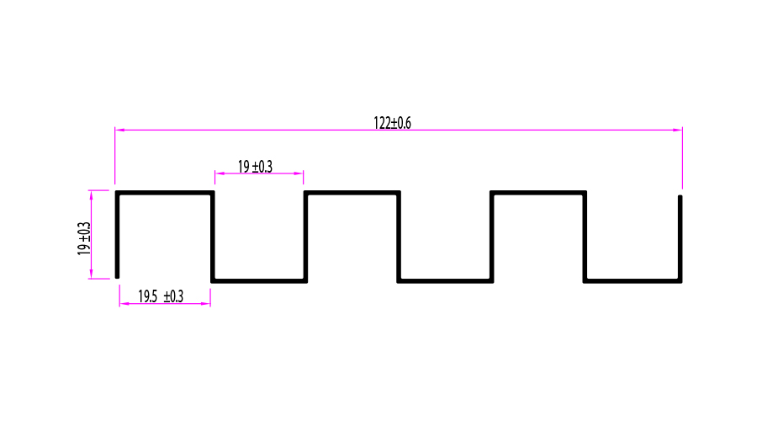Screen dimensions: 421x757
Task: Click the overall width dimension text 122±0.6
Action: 392,123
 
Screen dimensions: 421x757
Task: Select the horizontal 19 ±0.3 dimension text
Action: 255,167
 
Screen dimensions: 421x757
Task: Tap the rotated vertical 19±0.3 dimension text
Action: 84,238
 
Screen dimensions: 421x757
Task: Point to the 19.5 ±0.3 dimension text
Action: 161,296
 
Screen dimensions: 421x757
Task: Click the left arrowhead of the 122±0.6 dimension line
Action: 119,130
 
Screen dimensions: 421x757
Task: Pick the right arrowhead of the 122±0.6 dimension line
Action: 678,130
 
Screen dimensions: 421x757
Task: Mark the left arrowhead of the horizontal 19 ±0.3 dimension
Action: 219,173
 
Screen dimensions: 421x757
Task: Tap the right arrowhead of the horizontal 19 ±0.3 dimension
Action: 299,173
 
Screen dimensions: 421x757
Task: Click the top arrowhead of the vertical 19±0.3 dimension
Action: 92,194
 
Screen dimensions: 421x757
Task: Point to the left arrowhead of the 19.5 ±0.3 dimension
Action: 123,303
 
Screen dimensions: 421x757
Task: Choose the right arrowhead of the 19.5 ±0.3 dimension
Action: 206,303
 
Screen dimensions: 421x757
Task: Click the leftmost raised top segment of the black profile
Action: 165,193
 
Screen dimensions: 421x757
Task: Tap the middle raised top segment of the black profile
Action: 352,193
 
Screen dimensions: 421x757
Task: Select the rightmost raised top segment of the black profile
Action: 538,193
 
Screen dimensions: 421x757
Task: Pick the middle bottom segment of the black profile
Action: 445,280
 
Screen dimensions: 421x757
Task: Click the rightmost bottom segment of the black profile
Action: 633,280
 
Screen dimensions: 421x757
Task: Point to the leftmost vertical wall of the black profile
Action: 118,236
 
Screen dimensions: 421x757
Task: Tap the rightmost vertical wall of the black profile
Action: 680,238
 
